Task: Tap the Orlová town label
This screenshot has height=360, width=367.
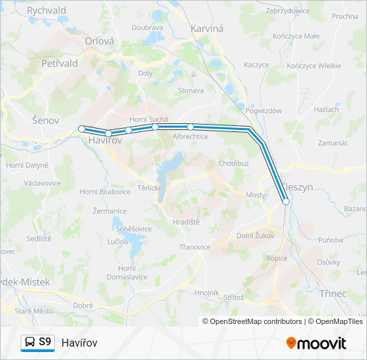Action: (x=100, y=41)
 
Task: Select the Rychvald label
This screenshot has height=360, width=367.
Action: (x=46, y=11)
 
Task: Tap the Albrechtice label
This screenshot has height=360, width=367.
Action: (x=191, y=136)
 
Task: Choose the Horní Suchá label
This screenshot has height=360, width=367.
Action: (x=148, y=119)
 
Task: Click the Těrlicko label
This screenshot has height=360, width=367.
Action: (x=150, y=188)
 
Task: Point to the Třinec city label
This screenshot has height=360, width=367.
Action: (x=334, y=274)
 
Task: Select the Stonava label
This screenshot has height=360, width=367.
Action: (x=191, y=89)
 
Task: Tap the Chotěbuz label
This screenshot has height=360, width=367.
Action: (x=234, y=163)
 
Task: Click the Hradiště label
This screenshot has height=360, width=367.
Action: (x=187, y=222)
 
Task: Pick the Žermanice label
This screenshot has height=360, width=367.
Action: (x=109, y=211)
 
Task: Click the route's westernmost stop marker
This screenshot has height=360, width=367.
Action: (x=81, y=129)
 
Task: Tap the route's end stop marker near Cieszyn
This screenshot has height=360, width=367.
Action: (x=286, y=201)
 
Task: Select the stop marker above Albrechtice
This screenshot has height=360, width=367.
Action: (x=190, y=126)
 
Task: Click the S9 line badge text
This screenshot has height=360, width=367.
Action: (x=45, y=342)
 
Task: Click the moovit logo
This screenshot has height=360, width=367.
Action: (x=316, y=343)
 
